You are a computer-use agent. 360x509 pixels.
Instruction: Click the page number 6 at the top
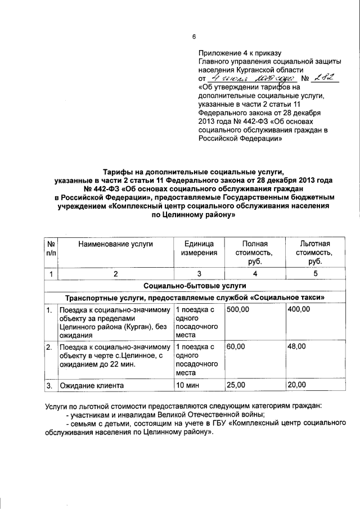coord(193,37)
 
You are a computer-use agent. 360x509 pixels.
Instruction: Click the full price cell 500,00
coord(236,309)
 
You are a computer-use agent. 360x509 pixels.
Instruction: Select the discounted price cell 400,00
coord(298,309)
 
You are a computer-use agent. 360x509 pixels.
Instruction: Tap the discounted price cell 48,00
coord(296,347)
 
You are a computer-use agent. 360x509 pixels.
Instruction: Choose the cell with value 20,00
coord(296,385)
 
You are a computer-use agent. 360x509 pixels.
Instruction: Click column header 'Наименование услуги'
coord(115,244)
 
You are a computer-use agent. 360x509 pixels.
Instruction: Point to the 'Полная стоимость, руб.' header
coord(254,253)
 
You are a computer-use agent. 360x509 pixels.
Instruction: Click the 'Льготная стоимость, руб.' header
coord(315,253)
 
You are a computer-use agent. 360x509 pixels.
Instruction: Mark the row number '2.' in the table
coord(50,347)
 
